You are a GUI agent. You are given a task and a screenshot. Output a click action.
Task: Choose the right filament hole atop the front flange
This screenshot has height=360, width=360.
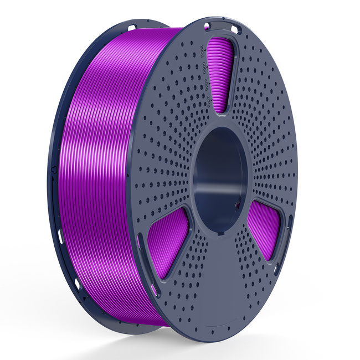click(x=235, y=28)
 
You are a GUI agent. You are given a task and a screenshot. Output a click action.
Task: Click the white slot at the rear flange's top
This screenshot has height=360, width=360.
click(x=131, y=27)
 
